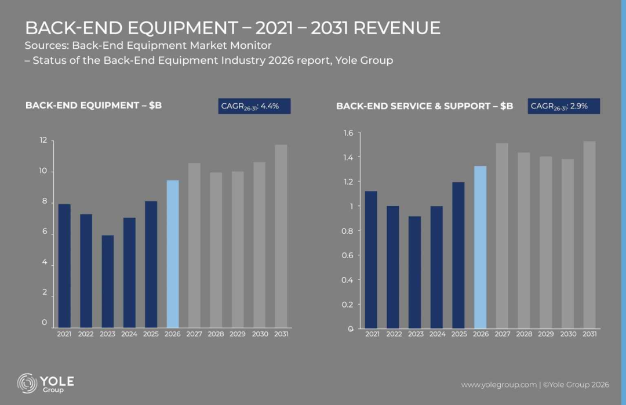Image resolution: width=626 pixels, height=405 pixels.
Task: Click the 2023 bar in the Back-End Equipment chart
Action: [107, 281]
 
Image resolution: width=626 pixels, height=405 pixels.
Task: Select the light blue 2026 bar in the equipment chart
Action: [173, 254]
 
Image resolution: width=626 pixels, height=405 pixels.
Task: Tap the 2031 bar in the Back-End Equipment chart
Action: [281, 236]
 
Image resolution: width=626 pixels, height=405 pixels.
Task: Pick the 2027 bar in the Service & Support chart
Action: [502, 236]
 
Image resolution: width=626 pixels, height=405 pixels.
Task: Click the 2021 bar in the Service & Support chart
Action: [371, 260]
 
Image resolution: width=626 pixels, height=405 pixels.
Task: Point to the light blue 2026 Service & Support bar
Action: [481, 247]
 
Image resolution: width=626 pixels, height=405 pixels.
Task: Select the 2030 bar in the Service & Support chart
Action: [567, 244]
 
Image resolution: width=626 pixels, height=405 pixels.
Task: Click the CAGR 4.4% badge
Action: [254, 106]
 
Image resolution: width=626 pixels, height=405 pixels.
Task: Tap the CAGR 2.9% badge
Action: [564, 106]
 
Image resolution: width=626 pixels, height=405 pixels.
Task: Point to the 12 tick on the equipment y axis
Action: [43, 140]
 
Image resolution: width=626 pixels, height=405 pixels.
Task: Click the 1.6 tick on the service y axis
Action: [348, 133]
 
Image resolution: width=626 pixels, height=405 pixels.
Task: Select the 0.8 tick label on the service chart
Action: [347, 231]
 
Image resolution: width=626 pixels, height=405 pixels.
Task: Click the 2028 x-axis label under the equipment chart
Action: [216, 334]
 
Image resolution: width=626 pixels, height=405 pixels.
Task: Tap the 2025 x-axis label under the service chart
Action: [458, 334]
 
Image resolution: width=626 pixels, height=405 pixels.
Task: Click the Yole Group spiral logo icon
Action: [27, 383]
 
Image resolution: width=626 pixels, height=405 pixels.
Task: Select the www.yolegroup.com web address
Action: [498, 385]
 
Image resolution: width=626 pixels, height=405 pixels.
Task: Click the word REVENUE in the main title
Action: [397, 28]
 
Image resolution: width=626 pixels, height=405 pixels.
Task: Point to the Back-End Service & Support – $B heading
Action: [424, 106]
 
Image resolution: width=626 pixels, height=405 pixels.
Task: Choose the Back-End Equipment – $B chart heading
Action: [93, 105]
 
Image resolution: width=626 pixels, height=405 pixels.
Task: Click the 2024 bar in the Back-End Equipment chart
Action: [129, 273]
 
